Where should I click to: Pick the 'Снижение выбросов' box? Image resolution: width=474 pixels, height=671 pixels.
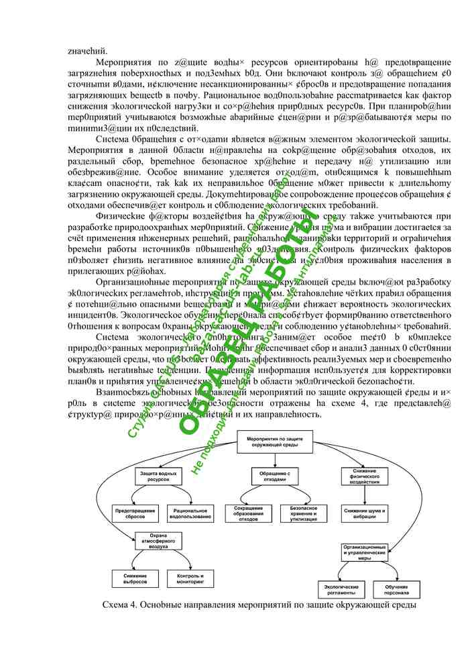(134, 578)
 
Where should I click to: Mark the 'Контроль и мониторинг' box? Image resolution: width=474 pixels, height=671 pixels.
(190, 578)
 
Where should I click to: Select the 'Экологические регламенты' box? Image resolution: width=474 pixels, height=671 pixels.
(336, 588)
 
